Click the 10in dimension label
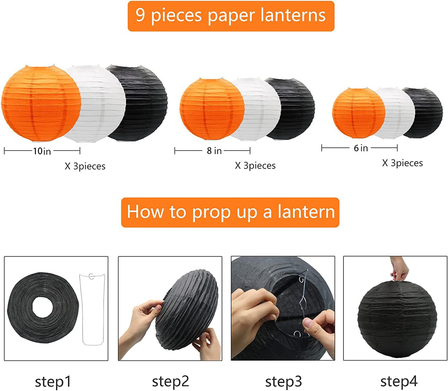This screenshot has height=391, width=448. click(x=42, y=151)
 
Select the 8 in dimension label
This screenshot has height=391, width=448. click(x=214, y=151)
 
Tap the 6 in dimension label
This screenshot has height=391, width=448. click(x=361, y=148)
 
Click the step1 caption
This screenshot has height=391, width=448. click(x=53, y=382)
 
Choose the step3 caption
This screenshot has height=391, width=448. click(x=283, y=382)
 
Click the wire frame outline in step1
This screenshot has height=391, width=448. click(x=92, y=310)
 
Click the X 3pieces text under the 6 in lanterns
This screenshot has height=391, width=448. click(x=402, y=163)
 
